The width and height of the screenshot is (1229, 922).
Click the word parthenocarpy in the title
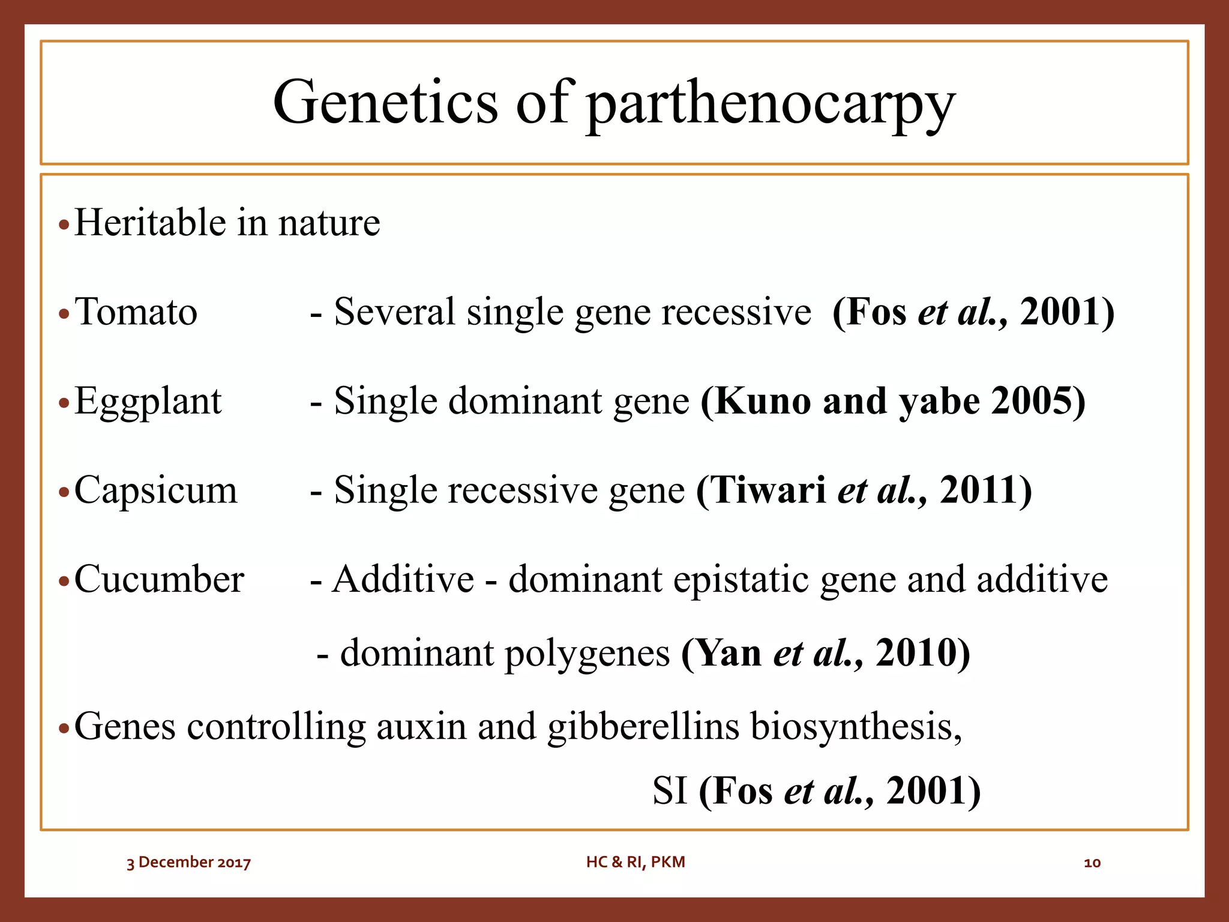(771, 106)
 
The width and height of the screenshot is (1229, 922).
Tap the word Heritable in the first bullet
(150, 223)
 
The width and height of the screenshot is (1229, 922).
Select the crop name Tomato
(136, 312)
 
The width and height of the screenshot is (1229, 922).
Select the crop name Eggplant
(148, 402)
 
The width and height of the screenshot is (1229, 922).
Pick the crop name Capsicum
(156, 490)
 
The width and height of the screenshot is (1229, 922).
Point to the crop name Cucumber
(159, 580)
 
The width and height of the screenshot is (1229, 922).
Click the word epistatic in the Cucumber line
(741, 580)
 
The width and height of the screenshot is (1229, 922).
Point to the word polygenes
(587, 654)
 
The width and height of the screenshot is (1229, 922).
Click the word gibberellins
(643, 727)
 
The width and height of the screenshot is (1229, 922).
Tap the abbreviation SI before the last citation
(670, 791)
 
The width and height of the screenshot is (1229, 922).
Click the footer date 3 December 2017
(188, 863)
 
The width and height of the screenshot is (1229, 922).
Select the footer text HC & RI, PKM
(636, 862)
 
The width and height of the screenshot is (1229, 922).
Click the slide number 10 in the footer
(1092, 863)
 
